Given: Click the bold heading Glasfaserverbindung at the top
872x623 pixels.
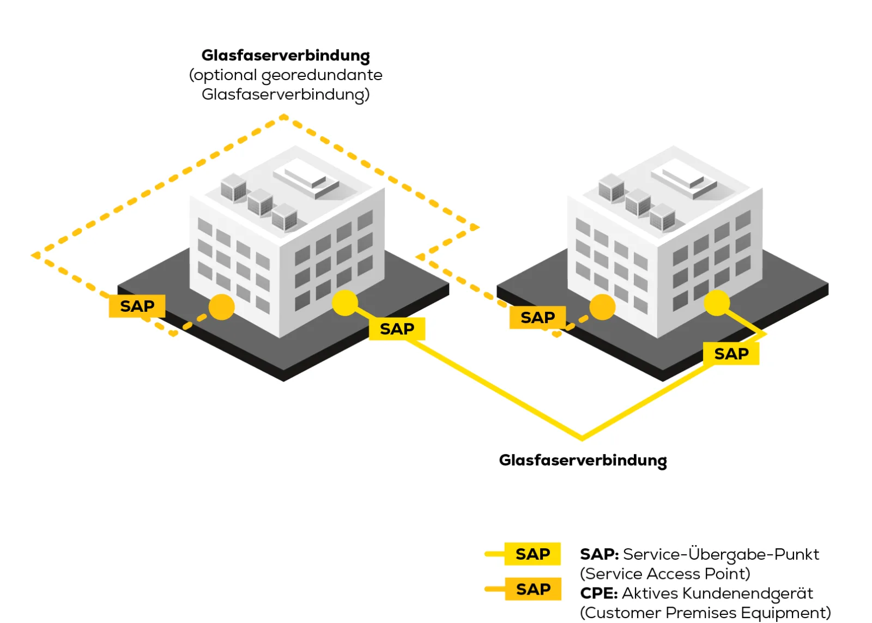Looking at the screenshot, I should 285,56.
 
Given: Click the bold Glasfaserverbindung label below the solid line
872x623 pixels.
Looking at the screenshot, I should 583,460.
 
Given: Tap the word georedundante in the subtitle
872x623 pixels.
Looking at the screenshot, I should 322,75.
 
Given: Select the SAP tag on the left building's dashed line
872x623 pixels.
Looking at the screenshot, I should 137,306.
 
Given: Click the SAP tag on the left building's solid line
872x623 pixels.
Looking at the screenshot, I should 397,329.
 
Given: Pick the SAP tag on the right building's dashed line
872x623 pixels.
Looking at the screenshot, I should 537,318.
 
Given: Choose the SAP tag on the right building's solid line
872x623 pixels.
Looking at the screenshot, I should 731,354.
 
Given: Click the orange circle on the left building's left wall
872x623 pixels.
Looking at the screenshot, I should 221,307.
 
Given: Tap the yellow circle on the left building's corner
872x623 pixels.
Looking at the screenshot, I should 344,303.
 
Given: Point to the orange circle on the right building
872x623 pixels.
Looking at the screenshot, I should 602,307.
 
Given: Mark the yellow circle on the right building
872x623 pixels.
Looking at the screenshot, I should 717,303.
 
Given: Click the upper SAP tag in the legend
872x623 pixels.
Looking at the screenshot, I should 532,554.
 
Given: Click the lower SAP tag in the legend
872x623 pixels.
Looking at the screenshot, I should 532,589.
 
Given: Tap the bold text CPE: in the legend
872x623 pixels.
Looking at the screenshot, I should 598,593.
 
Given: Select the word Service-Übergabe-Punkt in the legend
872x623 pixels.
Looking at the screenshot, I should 720,554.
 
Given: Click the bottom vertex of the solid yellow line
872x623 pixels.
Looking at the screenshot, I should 582,438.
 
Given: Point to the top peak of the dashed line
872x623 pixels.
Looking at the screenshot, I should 284,116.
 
